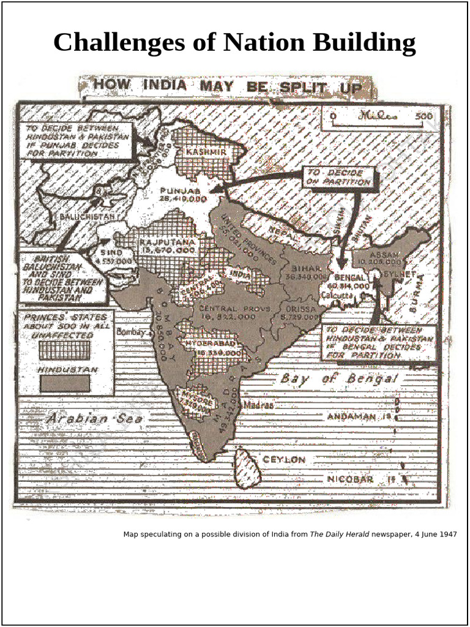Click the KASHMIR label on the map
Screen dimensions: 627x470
pyautogui.click(x=206, y=151)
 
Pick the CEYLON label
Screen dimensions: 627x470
pyautogui.click(x=284, y=459)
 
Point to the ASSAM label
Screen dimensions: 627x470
pyautogui.click(x=385, y=253)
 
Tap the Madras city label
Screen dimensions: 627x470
pyautogui.click(x=258, y=405)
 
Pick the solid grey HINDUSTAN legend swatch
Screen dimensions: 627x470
pyautogui.click(x=65, y=383)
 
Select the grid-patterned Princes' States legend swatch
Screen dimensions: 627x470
pyautogui.click(x=65, y=350)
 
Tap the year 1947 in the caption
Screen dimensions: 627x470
pyautogui.click(x=447, y=535)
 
